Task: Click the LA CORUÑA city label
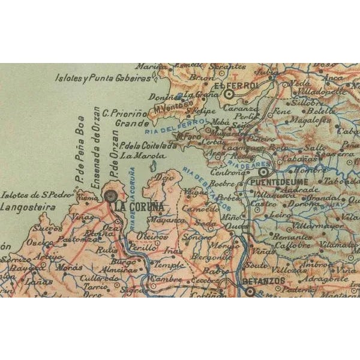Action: [139, 206]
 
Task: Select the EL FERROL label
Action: [240, 86]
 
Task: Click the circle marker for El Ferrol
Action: [229, 93]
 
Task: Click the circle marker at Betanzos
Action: [250, 291]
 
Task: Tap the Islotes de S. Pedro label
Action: [37, 195]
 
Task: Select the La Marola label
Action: [134, 155]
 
